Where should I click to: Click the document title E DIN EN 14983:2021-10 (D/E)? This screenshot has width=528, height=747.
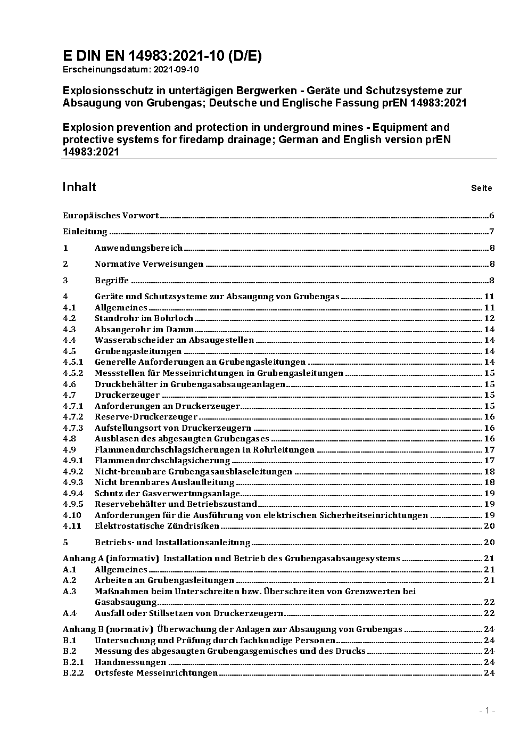pos(162,56)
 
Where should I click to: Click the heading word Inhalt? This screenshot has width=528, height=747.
pos(79,187)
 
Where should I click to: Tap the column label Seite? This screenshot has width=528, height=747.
pos(481,188)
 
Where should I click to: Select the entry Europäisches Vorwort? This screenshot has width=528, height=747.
pos(111,216)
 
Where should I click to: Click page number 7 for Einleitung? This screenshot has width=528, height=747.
pos(492,232)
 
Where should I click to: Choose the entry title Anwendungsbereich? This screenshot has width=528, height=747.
pos(138,248)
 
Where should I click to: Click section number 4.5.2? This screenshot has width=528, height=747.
pos(73,373)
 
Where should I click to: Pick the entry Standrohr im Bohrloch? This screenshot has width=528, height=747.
pos(144,318)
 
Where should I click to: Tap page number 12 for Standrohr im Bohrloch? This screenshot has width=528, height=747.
pos(489,318)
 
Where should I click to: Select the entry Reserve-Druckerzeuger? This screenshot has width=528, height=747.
pos(146,417)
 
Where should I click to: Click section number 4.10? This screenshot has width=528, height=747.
pos(72,515)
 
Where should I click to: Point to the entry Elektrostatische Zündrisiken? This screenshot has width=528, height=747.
pos(157,526)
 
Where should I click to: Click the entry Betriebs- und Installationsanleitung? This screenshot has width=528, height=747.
pos(172,543)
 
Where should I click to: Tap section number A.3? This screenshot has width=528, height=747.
pos(70,592)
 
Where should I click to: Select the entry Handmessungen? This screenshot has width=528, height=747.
pos(130,662)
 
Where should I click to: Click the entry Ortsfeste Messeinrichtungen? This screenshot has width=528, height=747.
pos(156,673)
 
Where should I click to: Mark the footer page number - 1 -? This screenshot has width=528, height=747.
pos(487,710)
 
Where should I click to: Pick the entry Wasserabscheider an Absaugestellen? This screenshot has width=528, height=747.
pos(174,340)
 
